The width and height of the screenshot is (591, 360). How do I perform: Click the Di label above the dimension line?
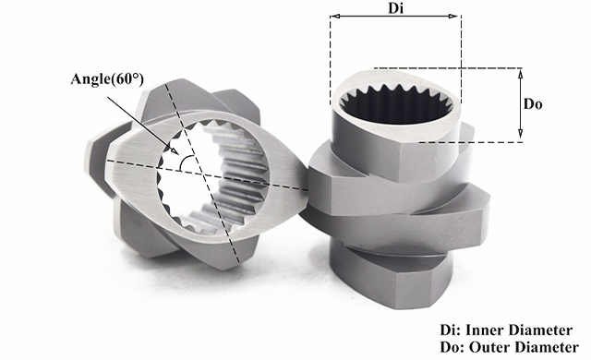pyautogui.click(x=396, y=8)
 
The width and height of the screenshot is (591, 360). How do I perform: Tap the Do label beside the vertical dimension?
pyautogui.click(x=533, y=104)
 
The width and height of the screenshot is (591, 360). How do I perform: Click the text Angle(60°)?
pyautogui.click(x=107, y=79)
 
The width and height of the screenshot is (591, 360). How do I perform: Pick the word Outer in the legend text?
pyautogui.click(x=488, y=347)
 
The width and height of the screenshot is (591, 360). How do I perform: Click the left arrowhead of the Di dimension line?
pyautogui.click(x=334, y=16)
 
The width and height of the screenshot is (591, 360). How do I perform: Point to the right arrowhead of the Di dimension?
pyautogui.click(x=452, y=16)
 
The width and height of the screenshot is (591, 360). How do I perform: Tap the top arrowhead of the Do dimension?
pyautogui.click(x=521, y=73)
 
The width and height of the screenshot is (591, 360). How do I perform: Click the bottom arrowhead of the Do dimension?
pyautogui.click(x=521, y=133)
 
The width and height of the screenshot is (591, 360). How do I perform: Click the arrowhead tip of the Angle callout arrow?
pyautogui.click(x=178, y=154)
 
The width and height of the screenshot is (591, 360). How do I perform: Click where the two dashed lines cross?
pyautogui.click(x=203, y=174)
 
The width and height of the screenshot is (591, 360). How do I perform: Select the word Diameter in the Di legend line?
pyautogui.click(x=540, y=330)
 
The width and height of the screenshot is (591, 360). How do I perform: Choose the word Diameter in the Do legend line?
pyautogui.click(x=545, y=347)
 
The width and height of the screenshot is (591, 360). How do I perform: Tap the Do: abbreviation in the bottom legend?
pyautogui.click(x=452, y=347)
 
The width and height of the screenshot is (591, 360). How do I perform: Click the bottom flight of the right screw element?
pyautogui.click(x=392, y=279)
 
